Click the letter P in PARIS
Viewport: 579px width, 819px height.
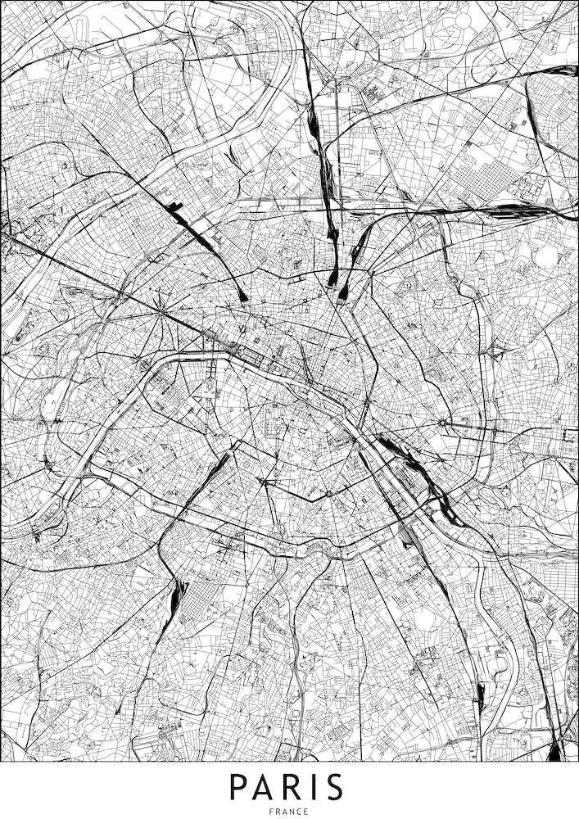pyautogui.click(x=238, y=787)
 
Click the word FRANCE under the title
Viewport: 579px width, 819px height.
pyautogui.click(x=289, y=812)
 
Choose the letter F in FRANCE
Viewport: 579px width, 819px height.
pyautogui.click(x=271, y=812)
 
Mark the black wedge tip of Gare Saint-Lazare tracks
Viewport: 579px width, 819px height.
pyautogui.click(x=244, y=297)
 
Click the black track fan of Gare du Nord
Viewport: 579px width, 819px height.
pyautogui.click(x=334, y=278)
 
